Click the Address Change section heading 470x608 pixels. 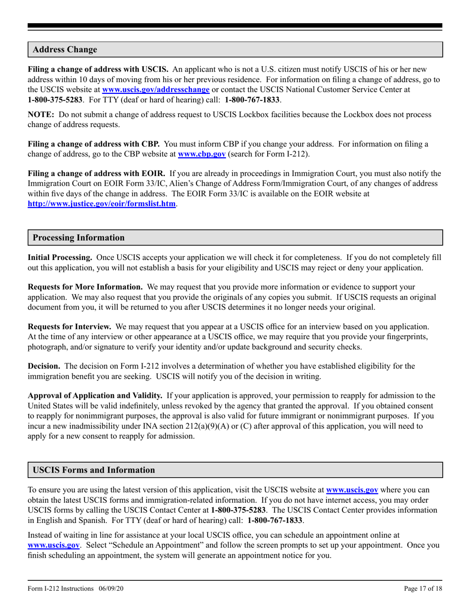pos(65,50)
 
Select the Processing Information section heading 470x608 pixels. pos(79,238)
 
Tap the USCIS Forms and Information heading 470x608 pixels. pos(94,470)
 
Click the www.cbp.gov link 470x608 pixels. pos(202,154)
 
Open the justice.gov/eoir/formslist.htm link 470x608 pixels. pos(101,204)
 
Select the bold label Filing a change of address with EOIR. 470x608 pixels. pos(96,174)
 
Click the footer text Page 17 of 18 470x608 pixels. pos(423,588)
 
